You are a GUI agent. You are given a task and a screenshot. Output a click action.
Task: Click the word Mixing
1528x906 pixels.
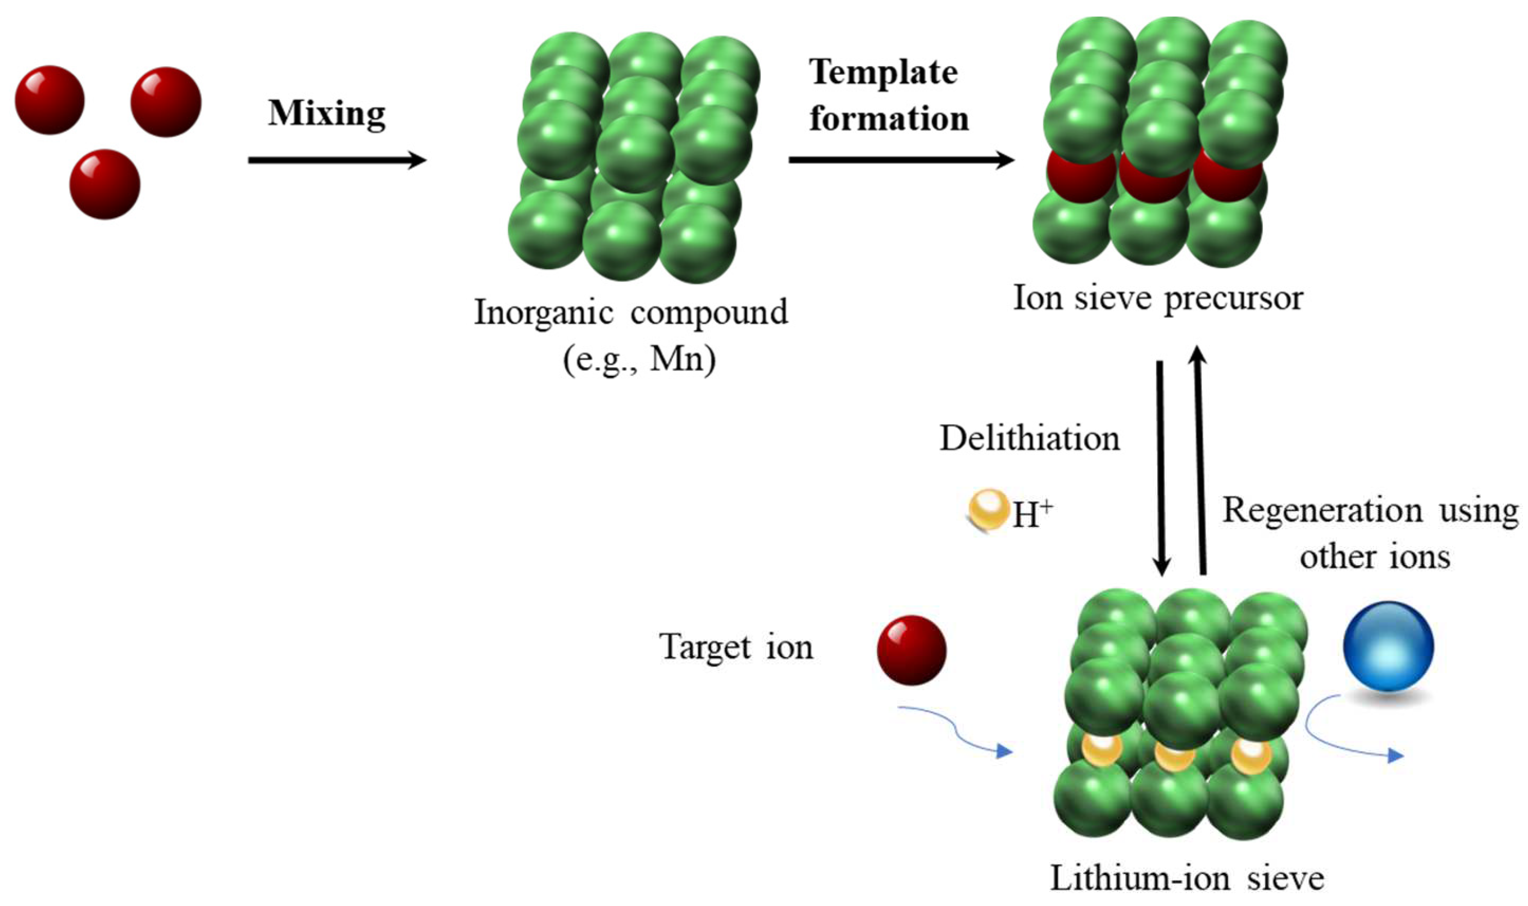click(326, 114)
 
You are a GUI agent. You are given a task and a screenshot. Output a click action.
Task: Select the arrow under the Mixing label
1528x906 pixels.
click(336, 161)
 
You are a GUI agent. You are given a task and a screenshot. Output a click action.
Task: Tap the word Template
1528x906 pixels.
click(883, 73)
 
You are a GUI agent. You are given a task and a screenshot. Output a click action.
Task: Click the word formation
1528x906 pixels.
click(889, 119)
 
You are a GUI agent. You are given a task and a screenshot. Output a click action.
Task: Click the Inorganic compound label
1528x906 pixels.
click(631, 313)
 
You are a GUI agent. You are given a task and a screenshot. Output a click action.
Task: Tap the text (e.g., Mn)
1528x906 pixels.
click(639, 359)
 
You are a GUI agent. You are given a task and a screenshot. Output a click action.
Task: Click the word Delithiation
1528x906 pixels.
click(1029, 438)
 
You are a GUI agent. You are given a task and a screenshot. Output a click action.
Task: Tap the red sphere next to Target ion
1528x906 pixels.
click(911, 649)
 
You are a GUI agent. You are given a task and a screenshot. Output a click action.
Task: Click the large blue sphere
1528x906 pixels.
click(1388, 647)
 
